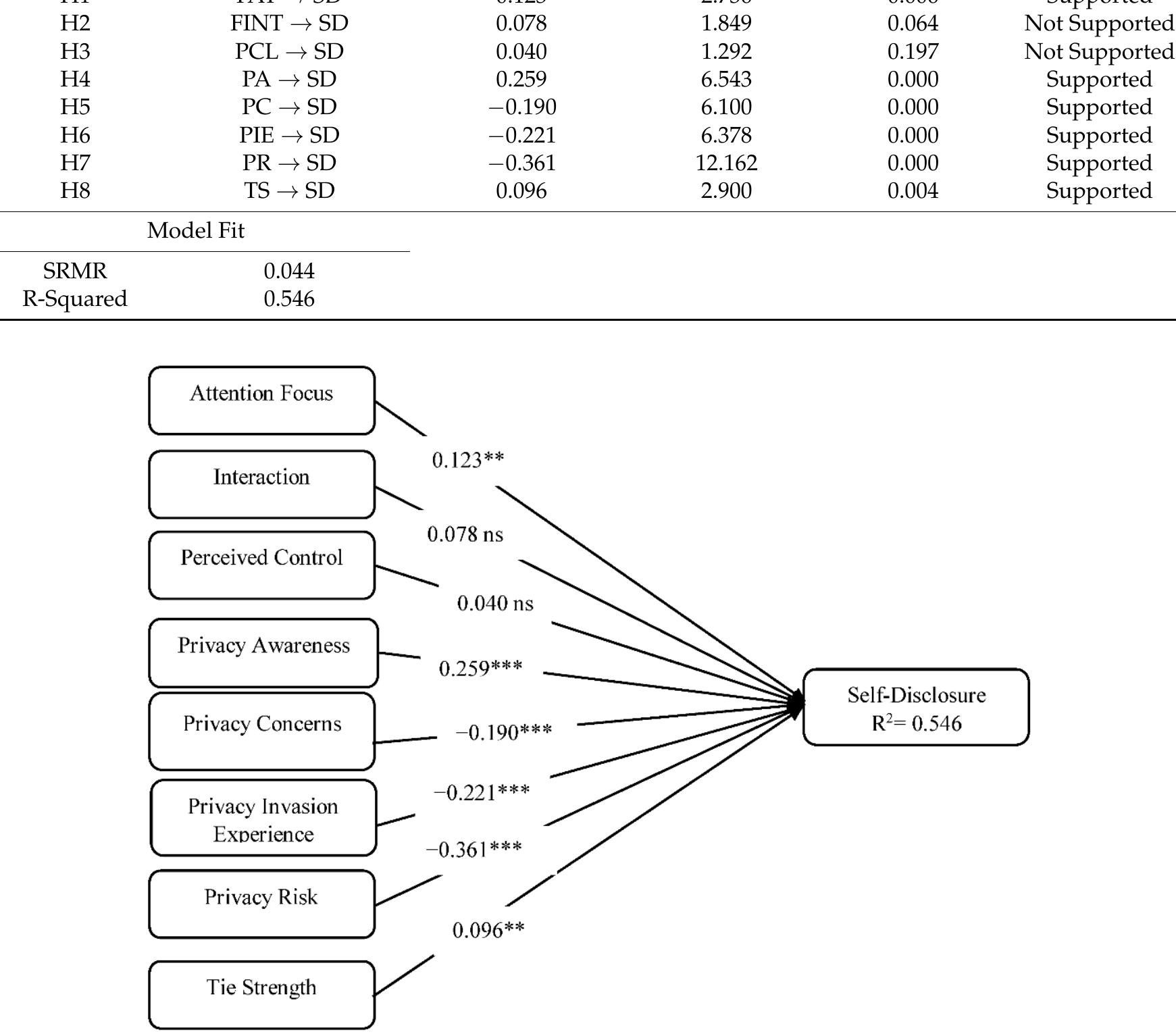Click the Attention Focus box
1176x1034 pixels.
pos(261,400)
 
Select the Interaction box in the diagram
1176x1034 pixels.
pos(261,484)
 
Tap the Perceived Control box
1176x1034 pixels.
pos(261,565)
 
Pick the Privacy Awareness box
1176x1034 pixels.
pos(263,652)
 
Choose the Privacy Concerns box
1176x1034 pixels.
pos(261,731)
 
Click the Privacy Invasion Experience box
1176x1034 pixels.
pos(263,818)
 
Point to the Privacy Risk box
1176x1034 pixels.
pos(261,904)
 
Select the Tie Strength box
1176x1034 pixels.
pos(261,994)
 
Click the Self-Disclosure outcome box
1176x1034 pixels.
pos(916,707)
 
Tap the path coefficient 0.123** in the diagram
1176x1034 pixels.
pos(467,461)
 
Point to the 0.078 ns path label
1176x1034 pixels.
pos(465,535)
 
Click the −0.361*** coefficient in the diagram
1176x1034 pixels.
pos(474,849)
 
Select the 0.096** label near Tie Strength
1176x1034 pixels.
pos(488,931)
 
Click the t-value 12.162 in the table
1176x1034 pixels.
pos(726,163)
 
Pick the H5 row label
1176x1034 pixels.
pos(75,107)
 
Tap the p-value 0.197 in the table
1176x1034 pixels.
pos(913,51)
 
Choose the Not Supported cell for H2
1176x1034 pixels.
pos(1098,24)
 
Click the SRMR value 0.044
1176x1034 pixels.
pos(289,271)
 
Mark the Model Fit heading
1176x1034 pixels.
pos(196,230)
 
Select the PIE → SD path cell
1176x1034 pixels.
pos(289,135)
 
